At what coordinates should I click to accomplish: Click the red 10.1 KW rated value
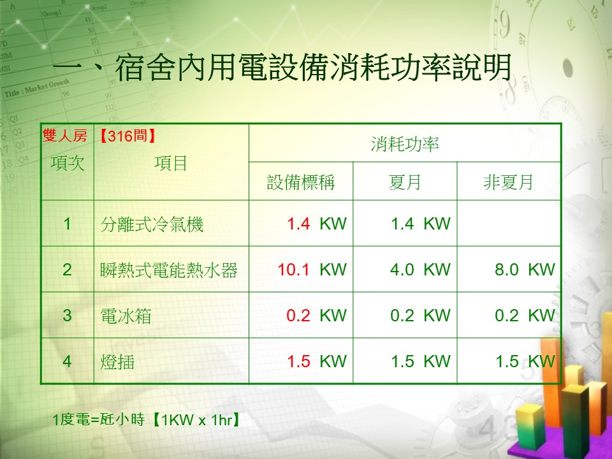click(x=312, y=270)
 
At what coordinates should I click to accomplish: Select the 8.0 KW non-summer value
click(x=525, y=270)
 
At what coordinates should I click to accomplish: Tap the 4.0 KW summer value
click(x=420, y=270)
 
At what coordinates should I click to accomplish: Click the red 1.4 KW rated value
click(x=317, y=224)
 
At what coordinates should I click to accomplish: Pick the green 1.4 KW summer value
click(x=421, y=224)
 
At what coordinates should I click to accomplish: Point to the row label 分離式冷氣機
click(x=152, y=225)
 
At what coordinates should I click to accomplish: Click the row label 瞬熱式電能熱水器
click(x=168, y=270)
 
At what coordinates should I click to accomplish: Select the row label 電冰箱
click(x=126, y=316)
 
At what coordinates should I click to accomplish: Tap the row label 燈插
click(x=117, y=362)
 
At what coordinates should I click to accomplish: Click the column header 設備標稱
click(x=301, y=182)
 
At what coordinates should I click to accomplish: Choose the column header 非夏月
click(x=509, y=182)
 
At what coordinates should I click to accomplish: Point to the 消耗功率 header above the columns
click(x=405, y=144)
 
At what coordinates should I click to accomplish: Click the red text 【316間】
click(x=127, y=136)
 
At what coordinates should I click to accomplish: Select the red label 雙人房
click(x=65, y=136)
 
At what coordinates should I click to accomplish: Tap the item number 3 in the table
click(x=67, y=316)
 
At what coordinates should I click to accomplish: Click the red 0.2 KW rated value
click(x=317, y=316)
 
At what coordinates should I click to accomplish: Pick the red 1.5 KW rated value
click(x=317, y=361)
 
